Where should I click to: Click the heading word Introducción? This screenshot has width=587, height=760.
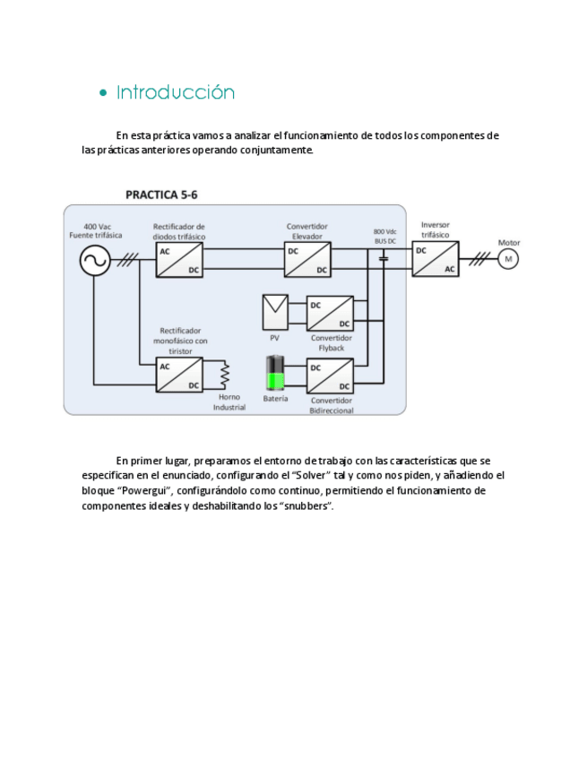click(176, 92)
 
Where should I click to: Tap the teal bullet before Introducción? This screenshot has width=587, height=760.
click(104, 93)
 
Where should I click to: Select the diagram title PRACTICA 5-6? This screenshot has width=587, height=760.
click(161, 194)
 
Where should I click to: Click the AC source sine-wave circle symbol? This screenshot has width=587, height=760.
click(94, 261)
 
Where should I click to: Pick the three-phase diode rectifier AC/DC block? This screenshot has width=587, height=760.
click(179, 260)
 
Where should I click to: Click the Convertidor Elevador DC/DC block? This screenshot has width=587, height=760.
click(307, 260)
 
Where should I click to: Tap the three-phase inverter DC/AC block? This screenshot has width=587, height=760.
click(436, 260)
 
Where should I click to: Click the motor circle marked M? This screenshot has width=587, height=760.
click(508, 259)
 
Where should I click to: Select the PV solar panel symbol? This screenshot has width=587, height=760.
click(275, 312)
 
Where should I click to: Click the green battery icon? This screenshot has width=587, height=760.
click(275, 375)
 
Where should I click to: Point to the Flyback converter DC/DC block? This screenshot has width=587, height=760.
click(330, 314)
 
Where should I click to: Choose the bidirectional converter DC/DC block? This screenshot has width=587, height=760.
click(330, 376)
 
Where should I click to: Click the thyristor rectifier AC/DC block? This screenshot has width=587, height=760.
click(179, 375)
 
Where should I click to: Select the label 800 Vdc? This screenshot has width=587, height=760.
click(385, 231)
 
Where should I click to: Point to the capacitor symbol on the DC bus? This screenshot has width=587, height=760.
click(384, 260)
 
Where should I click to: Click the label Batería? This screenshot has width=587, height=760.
click(275, 399)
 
